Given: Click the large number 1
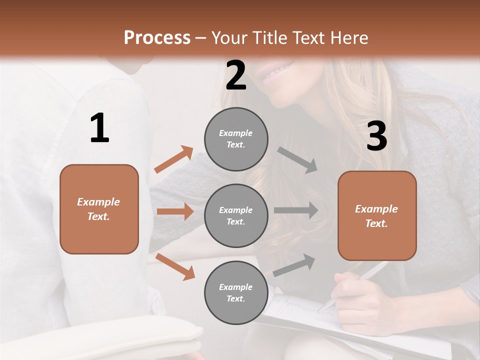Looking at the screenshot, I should pos(99,128).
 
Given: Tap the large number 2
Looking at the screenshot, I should pos(236,75).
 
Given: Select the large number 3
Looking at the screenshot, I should pos(376,136).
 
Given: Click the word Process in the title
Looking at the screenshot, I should pos(157,37).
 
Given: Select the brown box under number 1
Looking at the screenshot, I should pos(99,209).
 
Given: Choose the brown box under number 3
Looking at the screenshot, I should pos(377,215).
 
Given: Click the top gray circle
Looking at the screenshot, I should pos(236,139).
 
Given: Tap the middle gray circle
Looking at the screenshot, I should pos(236,215).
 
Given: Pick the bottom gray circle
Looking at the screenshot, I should pos(236,292).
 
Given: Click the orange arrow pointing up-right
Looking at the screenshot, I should pos(174,159).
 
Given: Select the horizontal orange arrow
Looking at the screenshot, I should pos(175,211).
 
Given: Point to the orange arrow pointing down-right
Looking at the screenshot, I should pos(175,266).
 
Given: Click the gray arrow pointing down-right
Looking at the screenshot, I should pos(297,159).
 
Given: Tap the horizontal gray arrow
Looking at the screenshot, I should pos(296,210).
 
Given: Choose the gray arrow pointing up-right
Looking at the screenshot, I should pos(294,265).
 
